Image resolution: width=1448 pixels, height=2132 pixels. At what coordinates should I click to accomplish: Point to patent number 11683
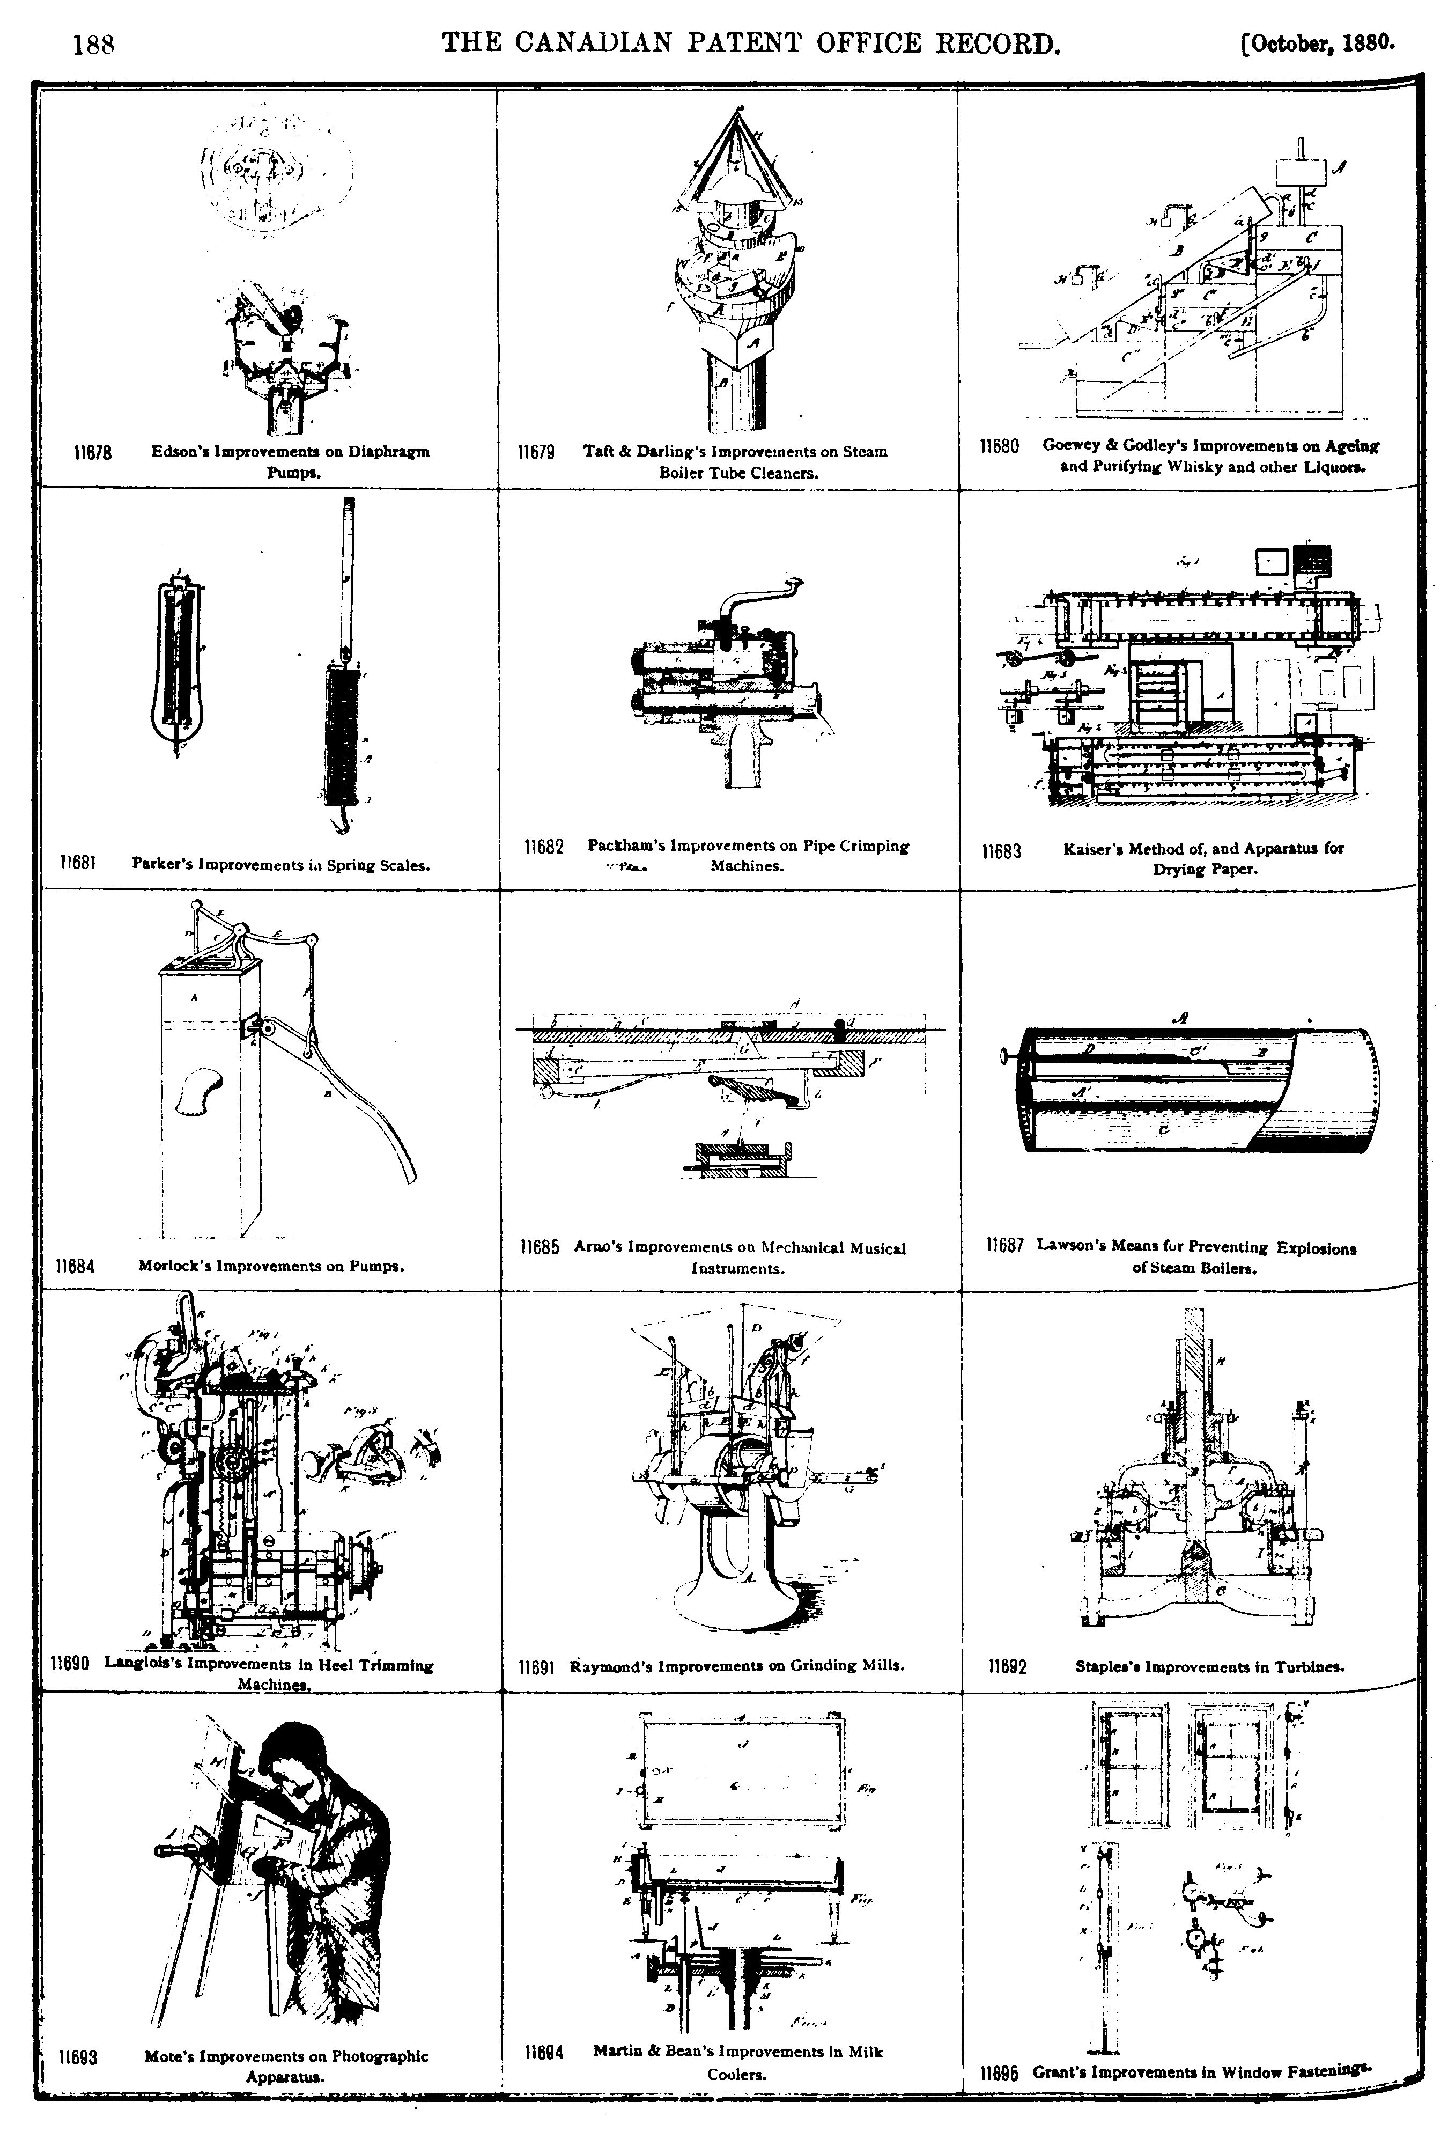pyautogui.click(x=1001, y=851)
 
